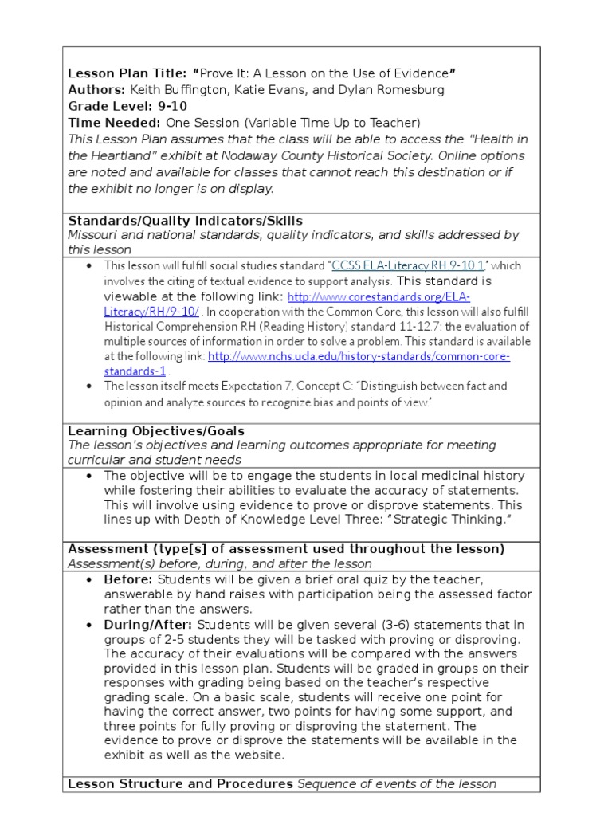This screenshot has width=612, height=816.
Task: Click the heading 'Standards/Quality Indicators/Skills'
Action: pos(185,221)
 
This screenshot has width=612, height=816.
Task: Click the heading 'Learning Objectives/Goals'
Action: pos(156,431)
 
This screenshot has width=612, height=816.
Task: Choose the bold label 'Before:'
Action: pos(129,579)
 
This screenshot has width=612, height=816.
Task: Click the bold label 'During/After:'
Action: pos(148,625)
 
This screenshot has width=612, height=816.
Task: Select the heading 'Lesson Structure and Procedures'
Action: pos(181,783)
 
